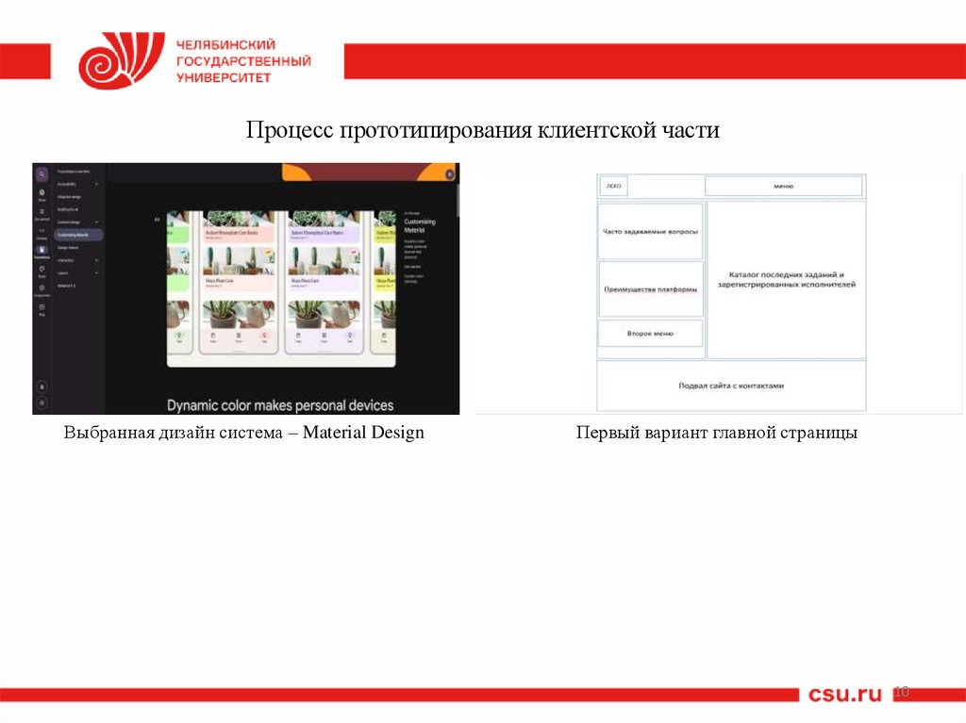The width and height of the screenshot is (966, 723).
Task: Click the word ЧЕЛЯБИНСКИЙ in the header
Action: pyautogui.click(x=225, y=44)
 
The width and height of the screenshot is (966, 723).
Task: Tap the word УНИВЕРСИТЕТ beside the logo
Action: pyautogui.click(x=224, y=77)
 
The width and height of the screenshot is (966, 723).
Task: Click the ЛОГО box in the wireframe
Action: pyautogui.click(x=614, y=187)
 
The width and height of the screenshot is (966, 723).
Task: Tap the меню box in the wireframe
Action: pyautogui.click(x=783, y=187)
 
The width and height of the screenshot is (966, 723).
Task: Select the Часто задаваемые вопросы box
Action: pyautogui.click(x=651, y=231)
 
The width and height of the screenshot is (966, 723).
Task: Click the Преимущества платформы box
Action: pyautogui.click(x=651, y=288)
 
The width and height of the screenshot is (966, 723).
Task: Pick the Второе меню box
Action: pyautogui.click(x=650, y=333)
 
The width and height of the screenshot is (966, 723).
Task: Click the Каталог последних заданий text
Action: pyautogui.click(x=785, y=275)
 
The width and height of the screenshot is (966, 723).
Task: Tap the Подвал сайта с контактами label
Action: pyautogui.click(x=731, y=386)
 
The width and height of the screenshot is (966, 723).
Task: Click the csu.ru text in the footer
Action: pyautogui.click(x=844, y=695)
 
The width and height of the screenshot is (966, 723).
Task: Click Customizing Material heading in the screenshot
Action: pyautogui.click(x=420, y=224)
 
